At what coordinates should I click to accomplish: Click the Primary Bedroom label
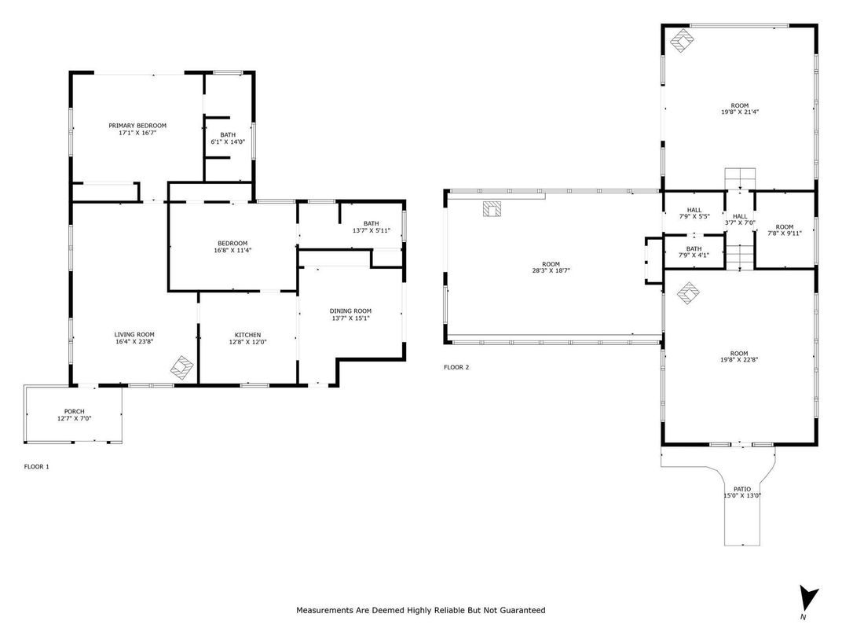click(x=137, y=126)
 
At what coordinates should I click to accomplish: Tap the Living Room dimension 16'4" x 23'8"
click(x=134, y=342)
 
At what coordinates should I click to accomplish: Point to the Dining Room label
click(x=350, y=310)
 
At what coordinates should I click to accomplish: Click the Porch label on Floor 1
click(x=74, y=411)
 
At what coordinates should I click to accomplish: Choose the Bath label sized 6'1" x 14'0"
click(x=228, y=134)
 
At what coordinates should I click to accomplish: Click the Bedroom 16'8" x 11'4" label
click(x=232, y=243)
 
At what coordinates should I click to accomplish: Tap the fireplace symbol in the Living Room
click(x=183, y=367)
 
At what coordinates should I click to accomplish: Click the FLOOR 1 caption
click(x=37, y=467)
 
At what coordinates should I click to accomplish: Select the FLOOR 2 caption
click(x=456, y=367)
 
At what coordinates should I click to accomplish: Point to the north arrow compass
click(x=808, y=599)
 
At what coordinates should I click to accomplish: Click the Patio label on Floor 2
click(x=741, y=489)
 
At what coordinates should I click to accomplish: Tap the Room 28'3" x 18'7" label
click(x=551, y=264)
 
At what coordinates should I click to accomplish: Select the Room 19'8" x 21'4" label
click(x=739, y=105)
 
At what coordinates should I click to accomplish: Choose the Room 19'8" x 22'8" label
click(x=739, y=354)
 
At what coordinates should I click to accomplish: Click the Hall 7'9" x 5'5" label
click(x=694, y=210)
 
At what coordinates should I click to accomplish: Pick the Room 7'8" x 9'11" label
click(x=784, y=227)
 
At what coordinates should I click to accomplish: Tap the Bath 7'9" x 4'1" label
click(x=694, y=248)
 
